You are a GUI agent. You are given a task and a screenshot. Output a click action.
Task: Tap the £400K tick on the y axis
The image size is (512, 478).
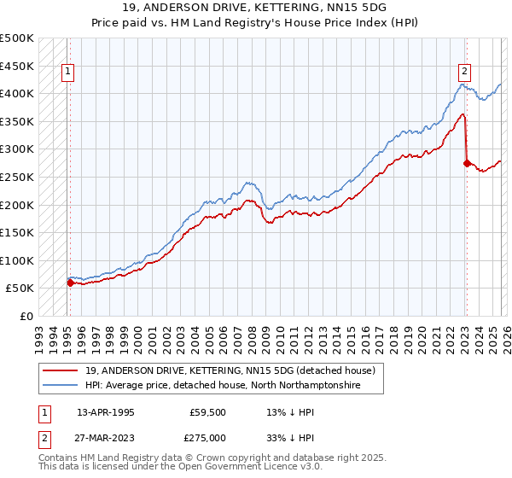pos(17,93)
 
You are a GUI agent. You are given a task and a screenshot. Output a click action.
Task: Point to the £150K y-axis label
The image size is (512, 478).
pos(17,232)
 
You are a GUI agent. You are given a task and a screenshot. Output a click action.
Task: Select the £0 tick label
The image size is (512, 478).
pos(26,316)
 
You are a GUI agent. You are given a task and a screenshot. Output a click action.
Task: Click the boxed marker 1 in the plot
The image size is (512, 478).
pos(67,73)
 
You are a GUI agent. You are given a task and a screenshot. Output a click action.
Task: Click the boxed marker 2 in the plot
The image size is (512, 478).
pos(465,73)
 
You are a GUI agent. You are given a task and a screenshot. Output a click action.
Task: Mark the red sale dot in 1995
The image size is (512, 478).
pos(70,283)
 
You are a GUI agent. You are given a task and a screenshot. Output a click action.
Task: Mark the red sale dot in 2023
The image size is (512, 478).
pos(467,162)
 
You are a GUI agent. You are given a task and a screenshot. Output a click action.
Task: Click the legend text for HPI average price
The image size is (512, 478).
pos(223,386)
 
